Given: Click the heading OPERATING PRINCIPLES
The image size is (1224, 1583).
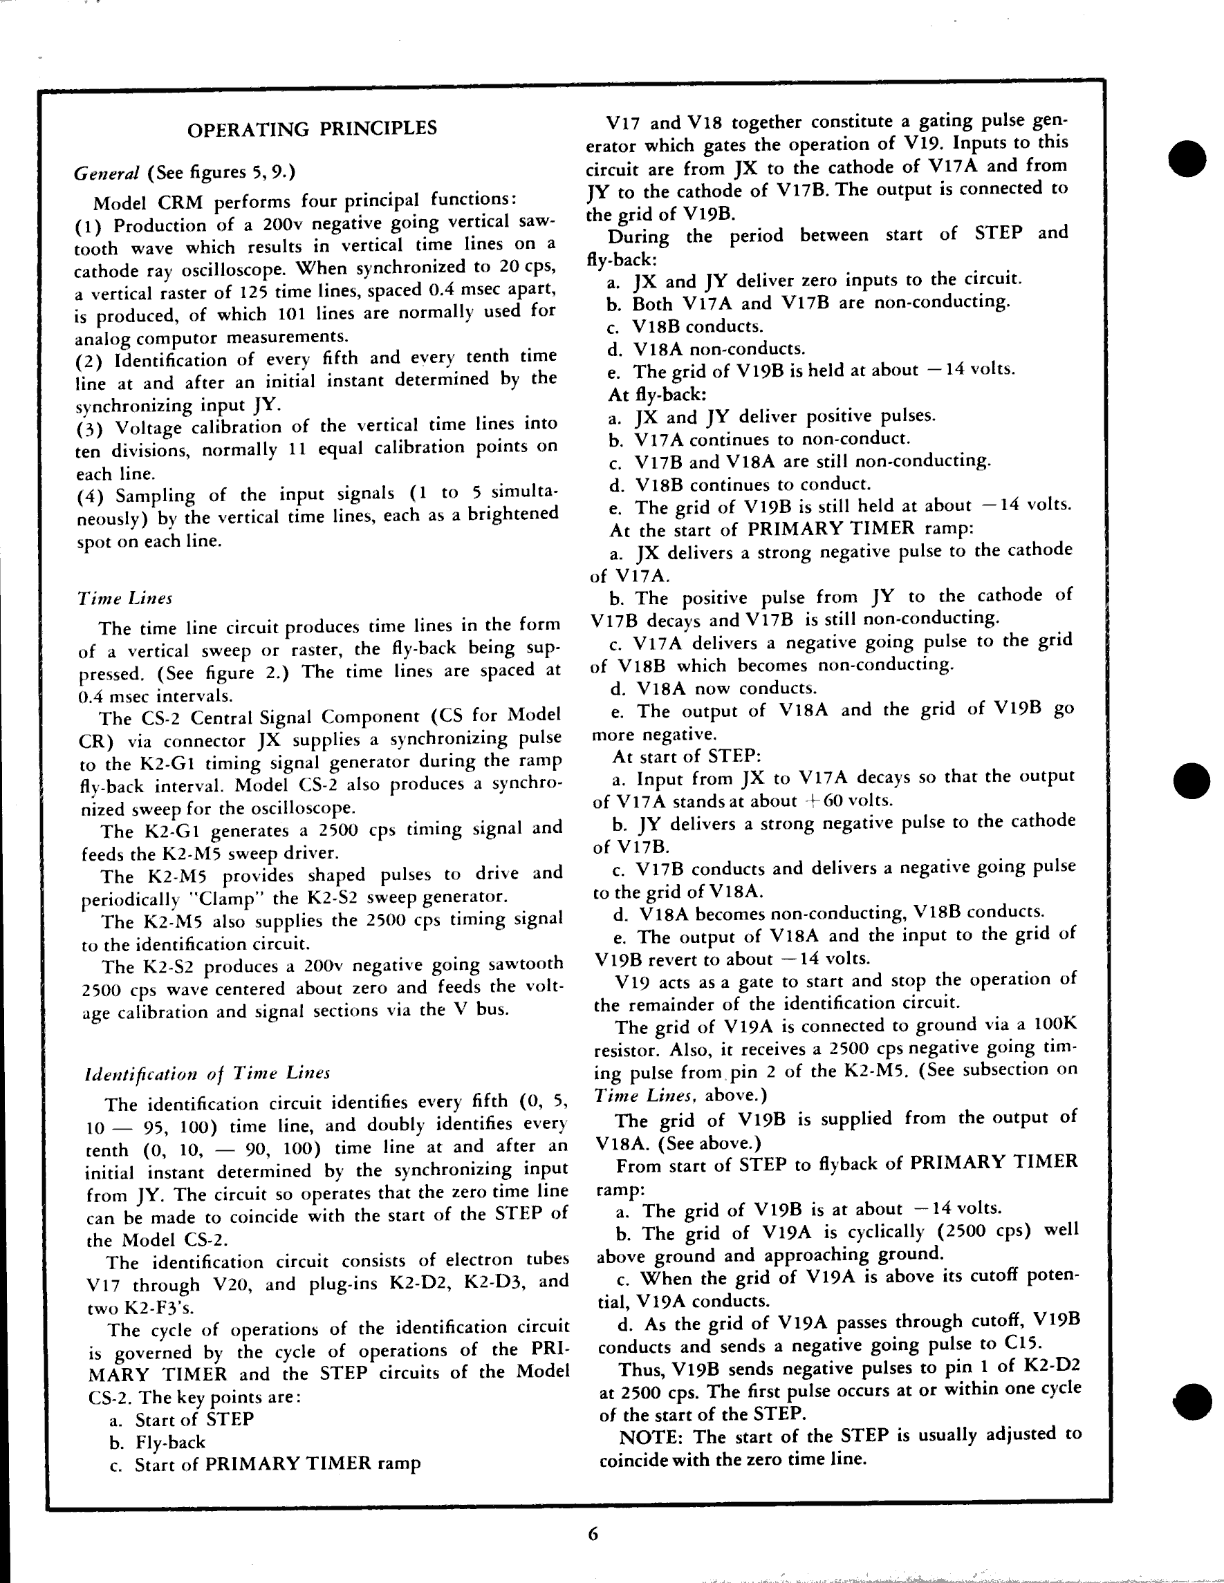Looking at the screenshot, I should [312, 129].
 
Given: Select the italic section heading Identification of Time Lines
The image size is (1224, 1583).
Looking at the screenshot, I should [207, 1074].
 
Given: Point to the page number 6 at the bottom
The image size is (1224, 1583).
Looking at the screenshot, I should [593, 1534].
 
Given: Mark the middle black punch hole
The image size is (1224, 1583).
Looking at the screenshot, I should [1191, 780].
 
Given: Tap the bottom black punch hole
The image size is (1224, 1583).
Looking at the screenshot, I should [1191, 1401].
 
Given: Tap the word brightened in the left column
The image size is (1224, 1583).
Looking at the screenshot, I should [512, 514].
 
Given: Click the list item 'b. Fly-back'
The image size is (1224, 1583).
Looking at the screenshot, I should [158, 1443].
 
